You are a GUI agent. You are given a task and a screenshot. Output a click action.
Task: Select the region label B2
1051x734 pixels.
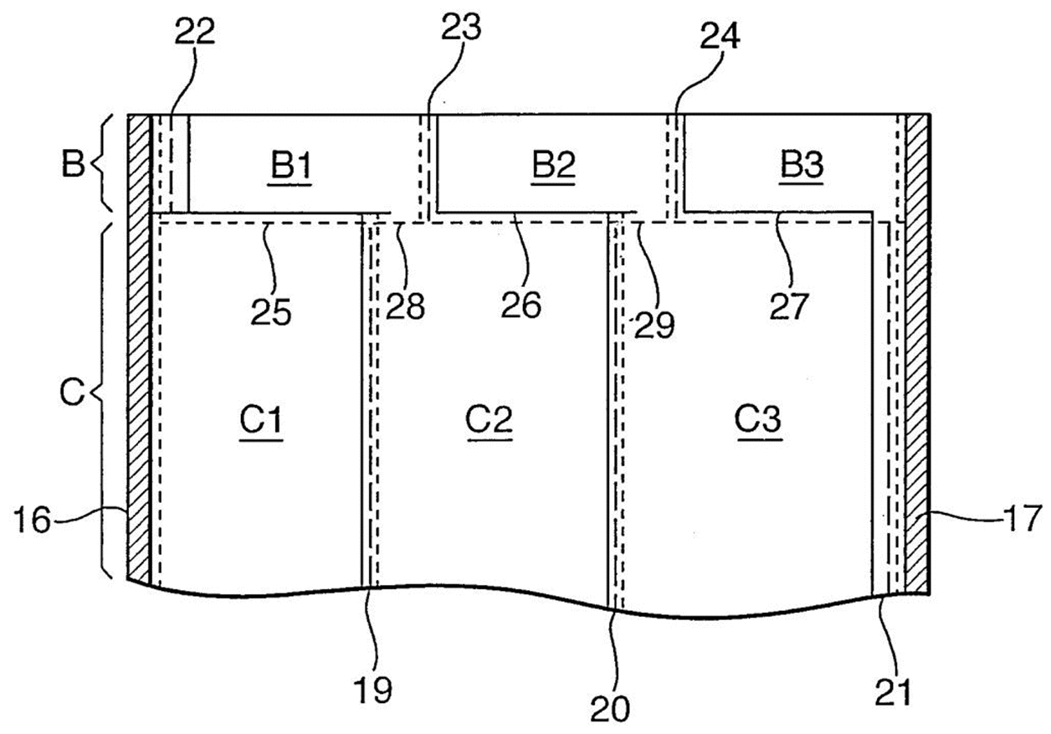[x=554, y=165]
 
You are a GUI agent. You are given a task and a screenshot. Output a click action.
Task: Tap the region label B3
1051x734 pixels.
[x=802, y=165]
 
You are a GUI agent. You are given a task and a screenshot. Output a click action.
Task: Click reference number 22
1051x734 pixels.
[x=195, y=32]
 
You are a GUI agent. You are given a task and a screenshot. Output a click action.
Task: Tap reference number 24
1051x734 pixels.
[x=720, y=36]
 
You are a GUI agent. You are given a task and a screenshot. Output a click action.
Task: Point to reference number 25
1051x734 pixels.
[x=271, y=312]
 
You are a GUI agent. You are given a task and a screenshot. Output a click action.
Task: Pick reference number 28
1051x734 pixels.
[x=405, y=305]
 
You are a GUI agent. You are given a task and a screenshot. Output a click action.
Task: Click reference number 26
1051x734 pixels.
[x=521, y=305]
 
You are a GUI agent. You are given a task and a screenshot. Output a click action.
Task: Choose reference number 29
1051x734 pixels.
[x=654, y=325]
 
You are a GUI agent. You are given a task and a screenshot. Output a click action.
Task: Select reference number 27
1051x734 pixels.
[x=790, y=306]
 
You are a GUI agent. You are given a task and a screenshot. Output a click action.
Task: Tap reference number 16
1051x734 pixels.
[x=32, y=520]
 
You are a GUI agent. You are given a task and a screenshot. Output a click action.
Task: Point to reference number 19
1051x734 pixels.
[x=374, y=690]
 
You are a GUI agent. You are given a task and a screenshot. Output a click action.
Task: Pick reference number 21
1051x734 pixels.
[x=893, y=692]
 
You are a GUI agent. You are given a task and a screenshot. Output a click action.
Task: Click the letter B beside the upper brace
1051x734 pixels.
[x=73, y=164]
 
